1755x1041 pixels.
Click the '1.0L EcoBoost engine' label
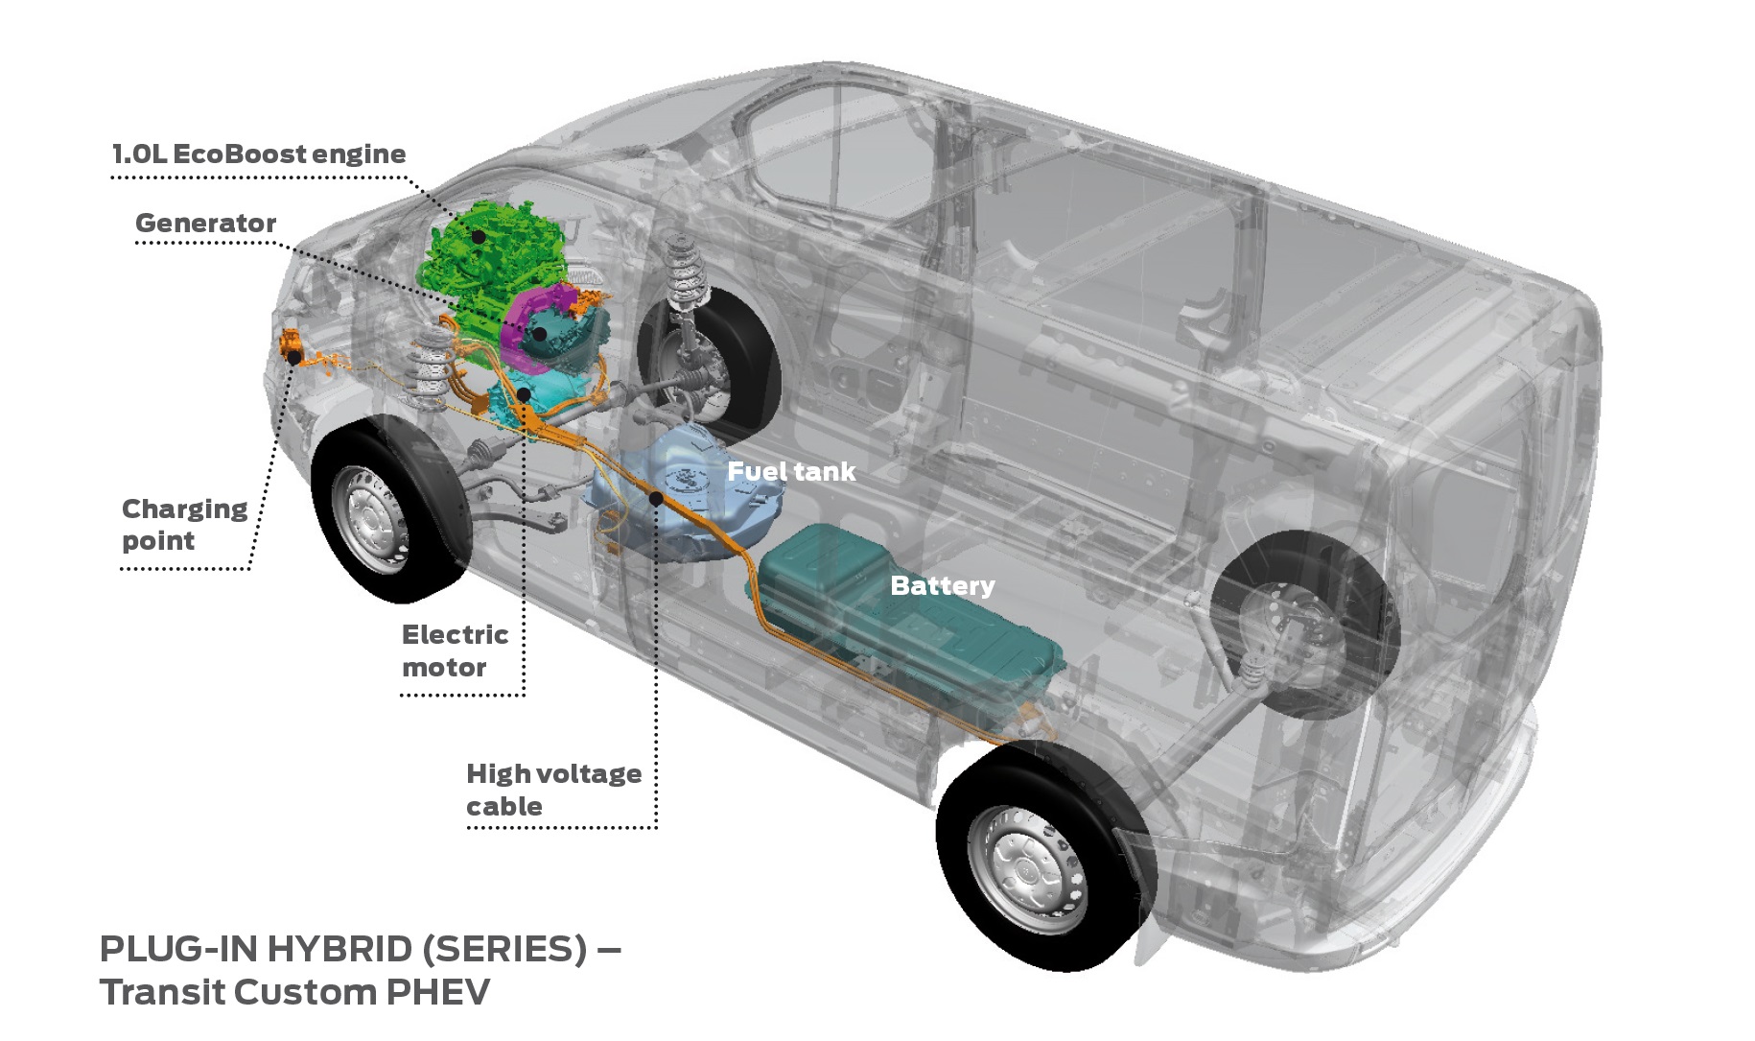(259, 154)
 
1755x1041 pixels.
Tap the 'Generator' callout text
(205, 224)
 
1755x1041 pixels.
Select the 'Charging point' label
(183, 524)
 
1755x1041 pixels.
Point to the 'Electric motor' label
(454, 651)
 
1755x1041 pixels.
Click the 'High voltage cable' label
(552, 789)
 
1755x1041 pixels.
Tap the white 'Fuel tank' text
(790, 472)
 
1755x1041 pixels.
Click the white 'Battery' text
(942, 585)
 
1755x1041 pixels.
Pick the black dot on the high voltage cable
(656, 499)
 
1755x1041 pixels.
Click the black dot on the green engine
(478, 236)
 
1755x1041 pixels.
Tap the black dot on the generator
(539, 334)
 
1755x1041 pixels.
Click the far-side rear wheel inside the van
(1295, 624)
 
